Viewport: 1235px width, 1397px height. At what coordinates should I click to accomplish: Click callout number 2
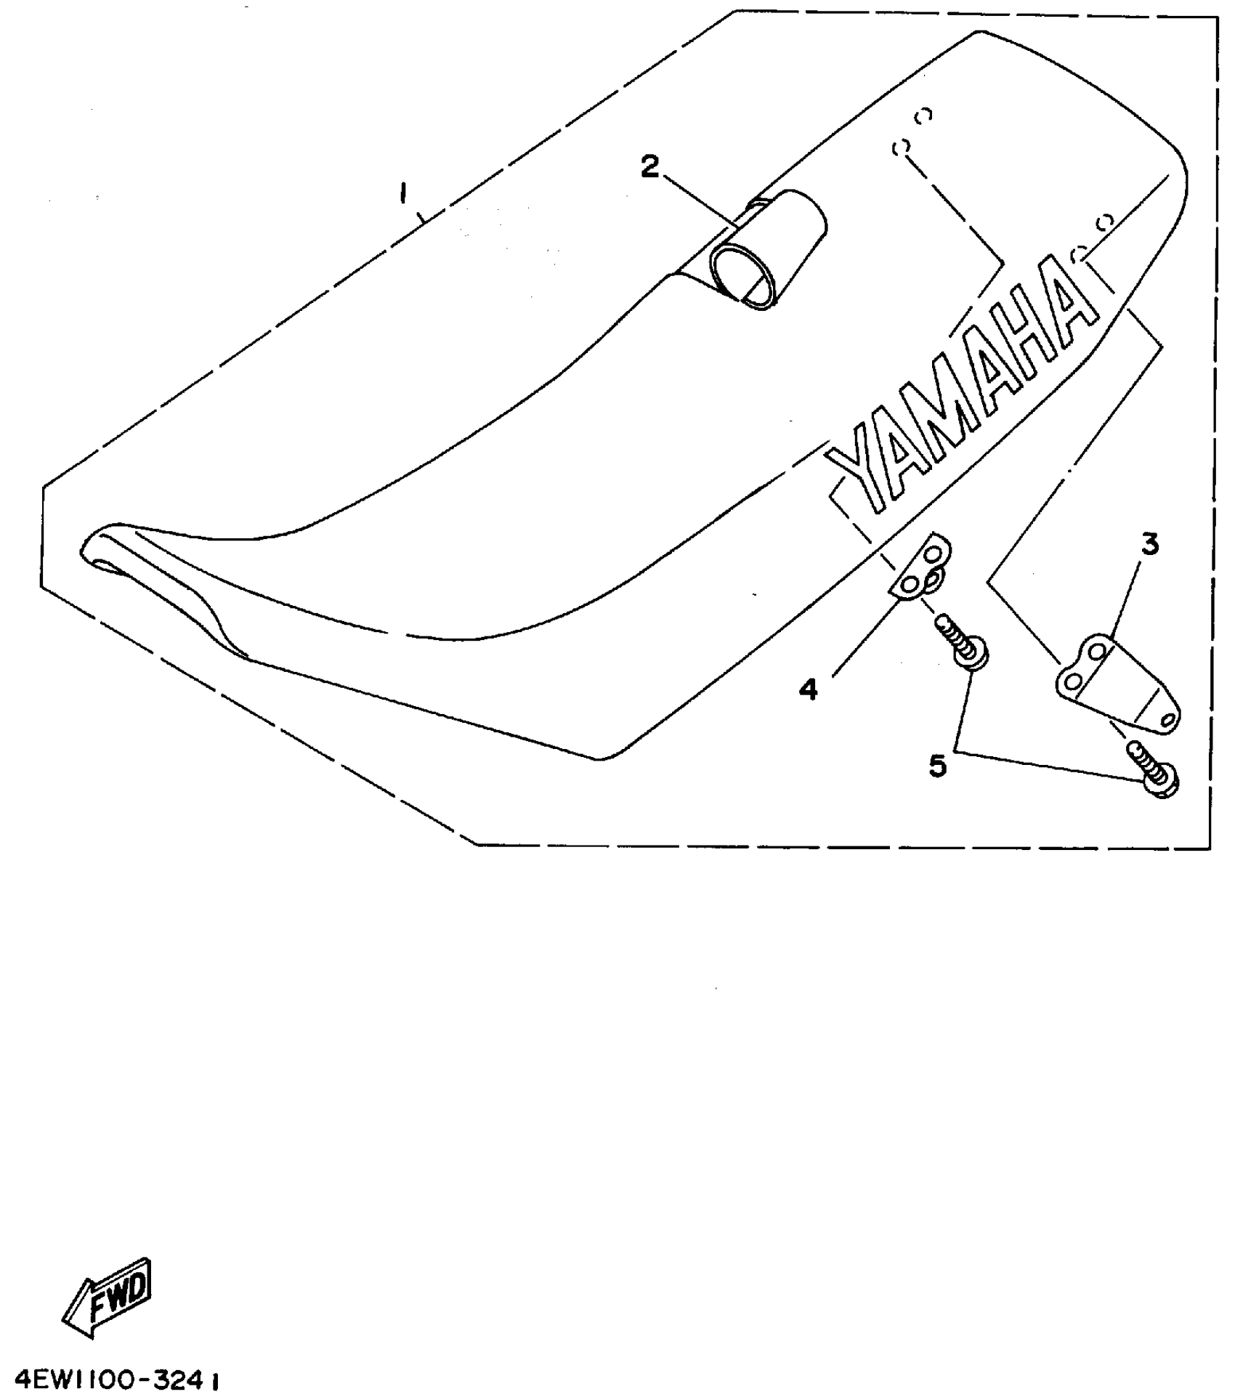point(649,167)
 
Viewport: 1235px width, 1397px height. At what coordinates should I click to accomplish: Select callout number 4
point(808,689)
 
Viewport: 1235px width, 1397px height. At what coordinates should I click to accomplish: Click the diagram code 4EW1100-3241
point(112,1376)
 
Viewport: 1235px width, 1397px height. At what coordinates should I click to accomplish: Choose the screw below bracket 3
point(1155,774)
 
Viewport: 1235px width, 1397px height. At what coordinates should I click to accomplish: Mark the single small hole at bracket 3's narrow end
point(1168,718)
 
